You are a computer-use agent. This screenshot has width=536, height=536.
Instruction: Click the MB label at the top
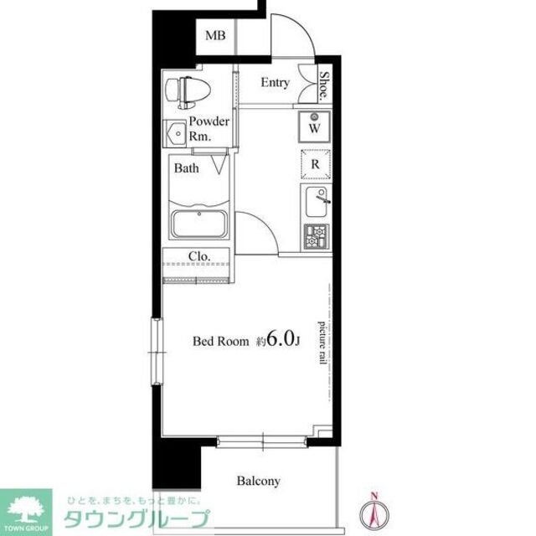[x=216, y=36]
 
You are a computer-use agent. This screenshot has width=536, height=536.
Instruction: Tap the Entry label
[x=275, y=83]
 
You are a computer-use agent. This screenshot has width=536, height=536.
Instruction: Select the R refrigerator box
[x=315, y=164]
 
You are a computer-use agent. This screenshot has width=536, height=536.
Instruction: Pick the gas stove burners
[x=316, y=237]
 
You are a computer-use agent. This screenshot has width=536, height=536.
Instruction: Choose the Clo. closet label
[x=198, y=257]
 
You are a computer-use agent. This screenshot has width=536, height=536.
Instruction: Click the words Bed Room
[x=221, y=341]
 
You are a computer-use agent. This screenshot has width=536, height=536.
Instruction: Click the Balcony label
[x=258, y=482]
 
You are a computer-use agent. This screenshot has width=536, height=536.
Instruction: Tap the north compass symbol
[x=374, y=512]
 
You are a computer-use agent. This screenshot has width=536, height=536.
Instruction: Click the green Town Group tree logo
[x=25, y=508]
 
